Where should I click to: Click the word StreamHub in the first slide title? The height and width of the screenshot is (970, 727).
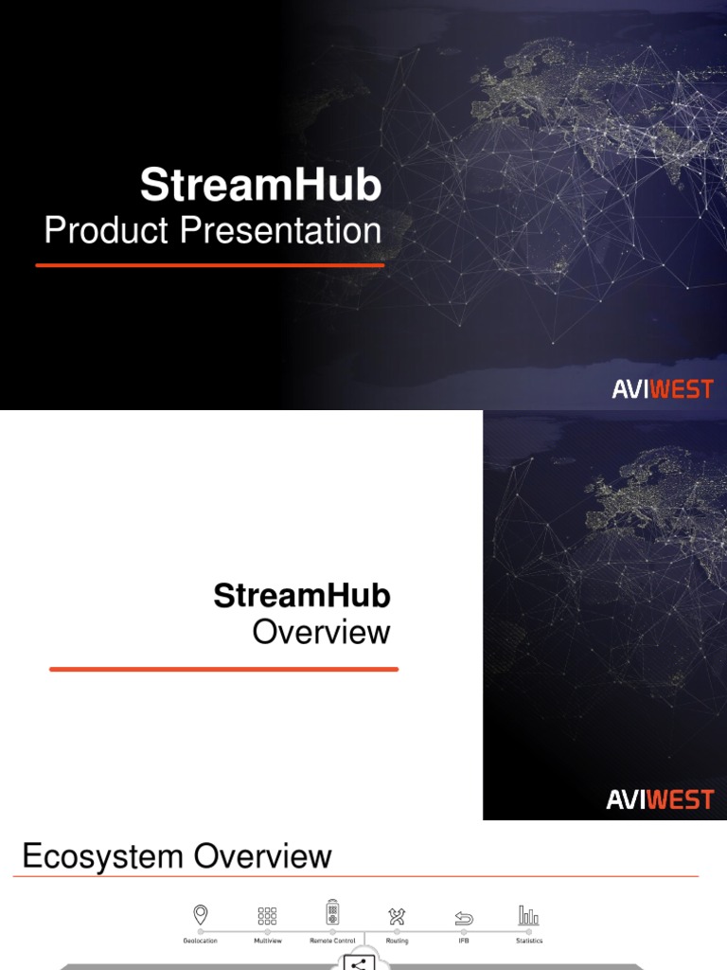[260, 185]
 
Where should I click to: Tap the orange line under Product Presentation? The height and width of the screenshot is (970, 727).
[210, 265]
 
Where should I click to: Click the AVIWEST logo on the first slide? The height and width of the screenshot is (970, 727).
[663, 389]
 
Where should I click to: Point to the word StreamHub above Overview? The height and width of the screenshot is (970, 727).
[302, 596]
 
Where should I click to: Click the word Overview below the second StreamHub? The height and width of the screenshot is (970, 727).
[321, 632]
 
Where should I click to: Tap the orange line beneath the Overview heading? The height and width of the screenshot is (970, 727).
[223, 669]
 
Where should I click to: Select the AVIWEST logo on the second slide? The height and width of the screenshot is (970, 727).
[660, 800]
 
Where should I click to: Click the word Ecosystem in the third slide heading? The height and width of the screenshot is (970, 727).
[103, 857]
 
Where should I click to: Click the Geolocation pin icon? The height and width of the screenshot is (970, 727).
[200, 914]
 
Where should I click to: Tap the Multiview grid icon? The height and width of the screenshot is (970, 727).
[267, 915]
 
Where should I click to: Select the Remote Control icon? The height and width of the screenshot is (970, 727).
[332, 912]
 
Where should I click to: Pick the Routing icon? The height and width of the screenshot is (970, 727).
[397, 916]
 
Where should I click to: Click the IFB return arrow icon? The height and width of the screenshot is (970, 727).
[464, 918]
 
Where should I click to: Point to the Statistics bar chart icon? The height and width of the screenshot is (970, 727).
[528, 914]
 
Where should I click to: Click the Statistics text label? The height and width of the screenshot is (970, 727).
[529, 941]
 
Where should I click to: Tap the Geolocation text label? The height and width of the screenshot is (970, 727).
[200, 941]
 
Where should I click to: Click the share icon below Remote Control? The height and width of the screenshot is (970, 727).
[358, 963]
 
